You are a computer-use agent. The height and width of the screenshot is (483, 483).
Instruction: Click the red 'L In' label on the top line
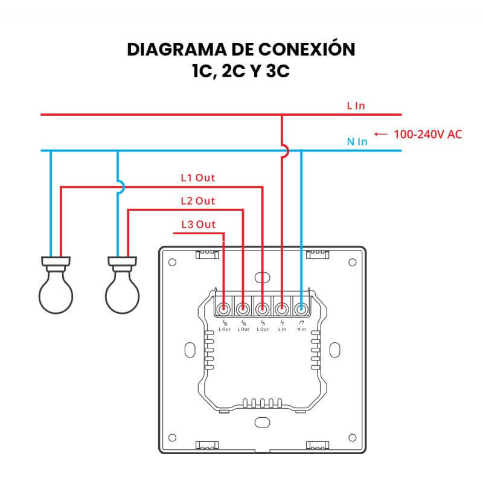[356, 106]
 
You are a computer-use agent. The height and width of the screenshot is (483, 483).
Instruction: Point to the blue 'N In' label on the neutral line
[357, 142]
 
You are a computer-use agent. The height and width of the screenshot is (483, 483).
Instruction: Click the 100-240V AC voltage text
[427, 134]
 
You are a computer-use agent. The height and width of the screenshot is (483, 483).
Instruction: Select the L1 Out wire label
[198, 178]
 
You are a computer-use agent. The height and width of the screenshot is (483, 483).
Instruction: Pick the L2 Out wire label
[198, 200]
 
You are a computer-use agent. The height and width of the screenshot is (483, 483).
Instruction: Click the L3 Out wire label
[198, 225]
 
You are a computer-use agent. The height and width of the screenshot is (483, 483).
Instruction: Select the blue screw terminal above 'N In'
[301, 309]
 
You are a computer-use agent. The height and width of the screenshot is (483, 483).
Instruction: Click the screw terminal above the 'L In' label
[281, 309]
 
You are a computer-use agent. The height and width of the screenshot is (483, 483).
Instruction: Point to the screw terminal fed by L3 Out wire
[224, 309]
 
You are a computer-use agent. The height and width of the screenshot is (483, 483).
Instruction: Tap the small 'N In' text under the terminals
[301, 329]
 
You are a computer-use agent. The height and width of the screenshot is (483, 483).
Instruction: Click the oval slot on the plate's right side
[335, 350]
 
